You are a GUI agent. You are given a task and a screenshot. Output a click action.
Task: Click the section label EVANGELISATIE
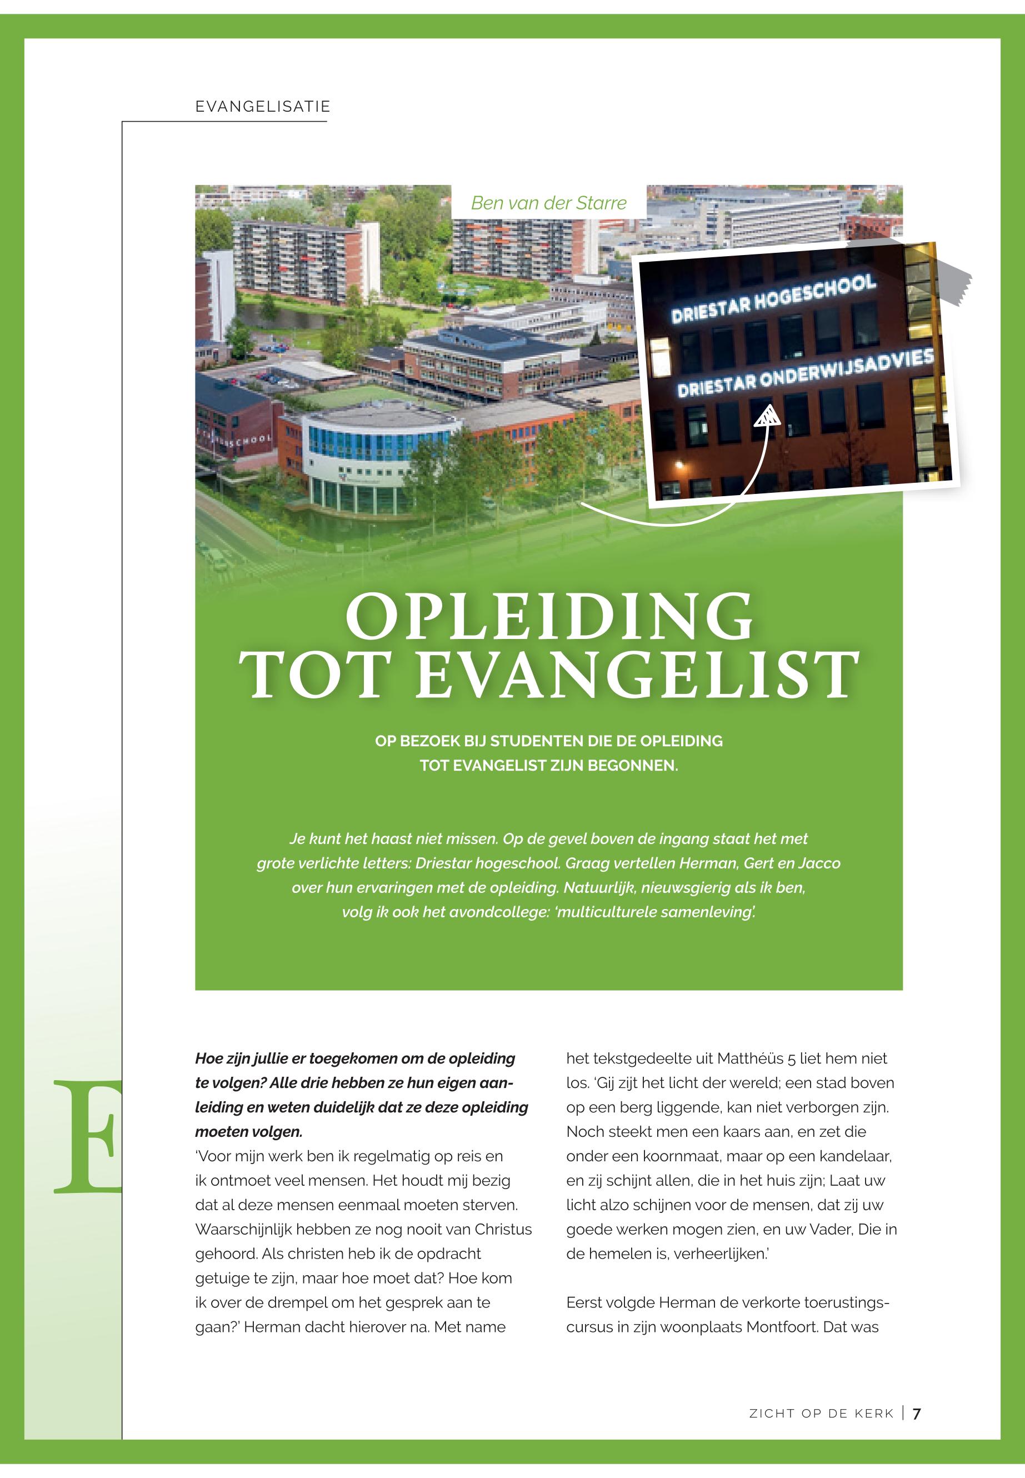point(263,107)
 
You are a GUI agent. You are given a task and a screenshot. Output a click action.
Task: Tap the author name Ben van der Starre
point(548,203)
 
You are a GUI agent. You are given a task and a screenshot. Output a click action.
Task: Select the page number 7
point(917,1413)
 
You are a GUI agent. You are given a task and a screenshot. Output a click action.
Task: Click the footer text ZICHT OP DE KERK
point(822,1413)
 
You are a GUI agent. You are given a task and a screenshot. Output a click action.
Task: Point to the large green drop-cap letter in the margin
point(90,1136)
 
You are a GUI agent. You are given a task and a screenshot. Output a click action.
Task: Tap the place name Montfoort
point(782,1326)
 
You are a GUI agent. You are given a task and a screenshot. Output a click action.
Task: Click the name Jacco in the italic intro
point(819,863)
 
